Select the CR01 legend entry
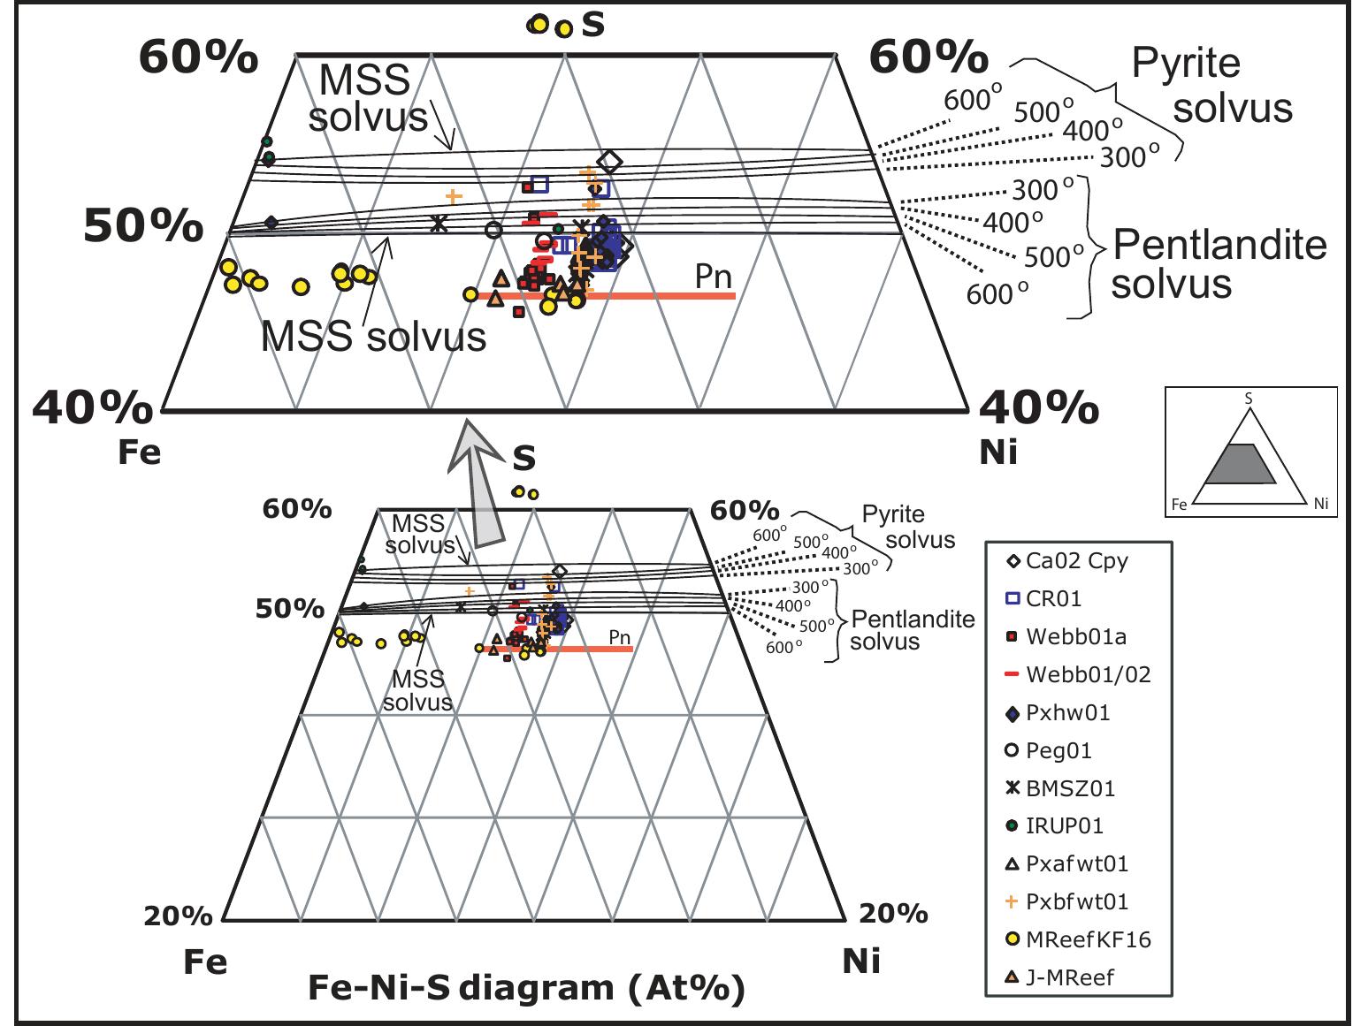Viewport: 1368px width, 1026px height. [x=1053, y=599]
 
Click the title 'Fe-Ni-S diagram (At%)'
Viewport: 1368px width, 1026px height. [x=525, y=988]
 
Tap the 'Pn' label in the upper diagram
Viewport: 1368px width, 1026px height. [x=713, y=277]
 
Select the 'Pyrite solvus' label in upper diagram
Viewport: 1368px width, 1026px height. [x=1211, y=86]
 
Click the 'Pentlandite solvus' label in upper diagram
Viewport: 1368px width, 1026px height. [x=1219, y=264]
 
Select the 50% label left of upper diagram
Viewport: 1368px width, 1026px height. [x=143, y=227]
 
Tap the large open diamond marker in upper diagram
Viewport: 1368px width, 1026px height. [x=609, y=162]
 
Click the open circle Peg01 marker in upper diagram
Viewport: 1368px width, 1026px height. [x=494, y=230]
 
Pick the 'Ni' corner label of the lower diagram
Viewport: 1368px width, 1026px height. [x=860, y=961]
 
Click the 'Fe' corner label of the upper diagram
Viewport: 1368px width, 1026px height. [x=140, y=452]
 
